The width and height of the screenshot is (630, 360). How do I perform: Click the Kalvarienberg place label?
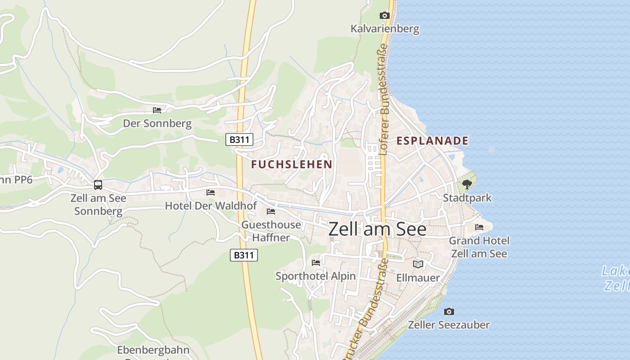click(x=385, y=29)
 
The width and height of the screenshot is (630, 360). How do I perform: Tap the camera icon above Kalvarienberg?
click(x=384, y=16)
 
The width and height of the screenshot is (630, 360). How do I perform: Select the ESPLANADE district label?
click(x=432, y=141)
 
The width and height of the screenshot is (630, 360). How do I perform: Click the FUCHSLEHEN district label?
click(x=292, y=164)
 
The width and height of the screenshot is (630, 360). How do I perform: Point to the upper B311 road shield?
click(x=239, y=139)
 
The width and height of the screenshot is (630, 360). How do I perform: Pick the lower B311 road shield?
click(x=244, y=255)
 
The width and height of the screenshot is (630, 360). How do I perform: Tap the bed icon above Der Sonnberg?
click(x=157, y=110)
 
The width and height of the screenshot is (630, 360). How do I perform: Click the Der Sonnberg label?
click(x=157, y=123)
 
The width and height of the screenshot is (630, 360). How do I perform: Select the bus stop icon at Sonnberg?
click(x=98, y=184)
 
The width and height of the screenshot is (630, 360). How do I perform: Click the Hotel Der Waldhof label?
click(x=211, y=206)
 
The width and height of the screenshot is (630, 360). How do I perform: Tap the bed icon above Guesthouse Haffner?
click(x=271, y=211)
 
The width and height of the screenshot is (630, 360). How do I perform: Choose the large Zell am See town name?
click(x=377, y=229)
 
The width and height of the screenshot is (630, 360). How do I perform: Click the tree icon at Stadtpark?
click(x=467, y=184)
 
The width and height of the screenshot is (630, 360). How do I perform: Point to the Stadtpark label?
click(x=467, y=198)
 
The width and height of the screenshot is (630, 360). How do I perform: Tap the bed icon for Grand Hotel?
click(x=479, y=227)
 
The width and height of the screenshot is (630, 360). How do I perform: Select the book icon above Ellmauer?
click(x=418, y=264)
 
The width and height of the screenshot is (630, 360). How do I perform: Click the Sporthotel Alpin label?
click(x=315, y=276)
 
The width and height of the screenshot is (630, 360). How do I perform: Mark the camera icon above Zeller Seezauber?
click(x=449, y=311)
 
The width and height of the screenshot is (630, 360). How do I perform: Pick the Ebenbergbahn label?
click(x=153, y=350)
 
